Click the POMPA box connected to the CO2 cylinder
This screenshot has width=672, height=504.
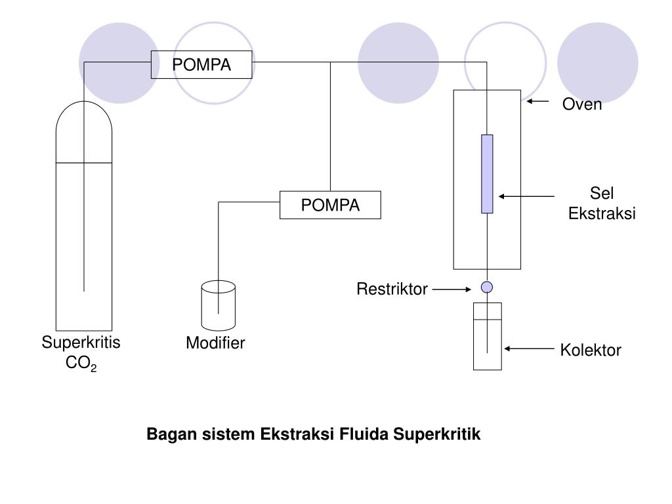click(201, 64)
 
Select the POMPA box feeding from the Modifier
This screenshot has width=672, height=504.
click(330, 205)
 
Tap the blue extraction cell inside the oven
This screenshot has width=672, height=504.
click(487, 174)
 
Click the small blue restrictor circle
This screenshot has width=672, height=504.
click(487, 287)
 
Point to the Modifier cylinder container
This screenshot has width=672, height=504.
click(219, 306)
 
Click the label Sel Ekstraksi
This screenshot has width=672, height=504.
click(602, 204)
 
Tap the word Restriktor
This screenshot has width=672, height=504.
click(392, 289)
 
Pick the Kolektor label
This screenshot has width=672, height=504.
click(590, 350)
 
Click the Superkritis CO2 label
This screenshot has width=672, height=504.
click(81, 352)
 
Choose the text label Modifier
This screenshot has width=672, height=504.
click(215, 343)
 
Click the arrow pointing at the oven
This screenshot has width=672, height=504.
click(538, 102)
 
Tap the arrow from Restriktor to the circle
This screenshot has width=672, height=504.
click(451, 289)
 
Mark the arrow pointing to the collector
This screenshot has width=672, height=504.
click(529, 349)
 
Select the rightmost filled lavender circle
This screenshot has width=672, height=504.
click(597, 63)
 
